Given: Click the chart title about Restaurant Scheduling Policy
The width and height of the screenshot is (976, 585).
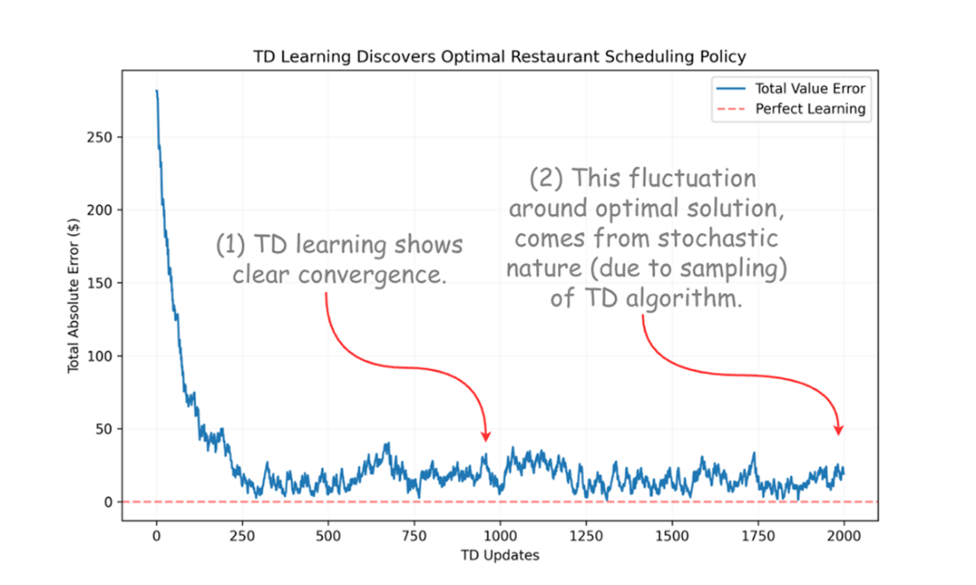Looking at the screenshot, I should [500, 57].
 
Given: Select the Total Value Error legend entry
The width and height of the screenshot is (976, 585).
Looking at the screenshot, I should [810, 88].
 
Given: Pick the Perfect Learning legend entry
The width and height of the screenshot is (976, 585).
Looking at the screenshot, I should [810, 109].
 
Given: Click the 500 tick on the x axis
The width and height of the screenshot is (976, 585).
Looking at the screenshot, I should [328, 537].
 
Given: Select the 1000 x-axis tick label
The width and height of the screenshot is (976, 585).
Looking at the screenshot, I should [500, 537].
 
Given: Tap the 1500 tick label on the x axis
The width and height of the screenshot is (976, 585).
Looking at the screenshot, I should [672, 537].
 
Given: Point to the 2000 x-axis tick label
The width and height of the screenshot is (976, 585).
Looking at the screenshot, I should [844, 537].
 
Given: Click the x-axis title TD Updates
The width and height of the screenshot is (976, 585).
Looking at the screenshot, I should [500, 556].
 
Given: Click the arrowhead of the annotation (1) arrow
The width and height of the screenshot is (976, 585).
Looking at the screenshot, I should [485, 436].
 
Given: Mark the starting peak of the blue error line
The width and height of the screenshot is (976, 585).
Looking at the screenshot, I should [157, 91].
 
